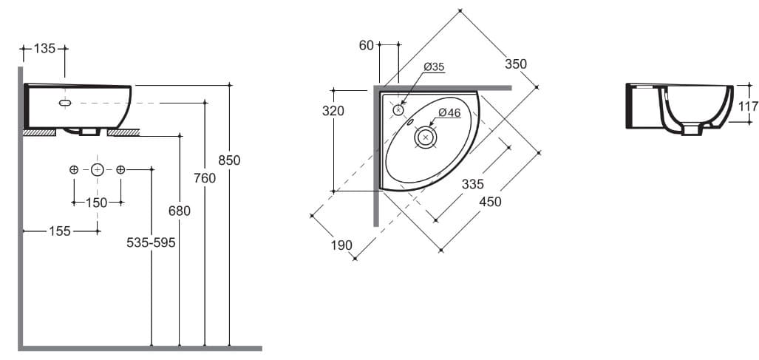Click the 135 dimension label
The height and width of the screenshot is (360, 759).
[x=45, y=49]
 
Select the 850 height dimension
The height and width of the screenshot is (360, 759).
[x=229, y=160]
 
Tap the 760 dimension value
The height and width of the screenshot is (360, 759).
[x=205, y=178]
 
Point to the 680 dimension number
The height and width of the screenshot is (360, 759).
[x=180, y=211]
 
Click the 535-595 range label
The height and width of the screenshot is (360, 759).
[x=151, y=242]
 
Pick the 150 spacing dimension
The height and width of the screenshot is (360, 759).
[x=97, y=203]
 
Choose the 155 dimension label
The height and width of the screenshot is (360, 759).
[x=60, y=231]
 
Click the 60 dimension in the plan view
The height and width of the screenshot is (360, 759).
[x=367, y=46]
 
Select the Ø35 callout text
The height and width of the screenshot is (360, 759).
[x=434, y=67]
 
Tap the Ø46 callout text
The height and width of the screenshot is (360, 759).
[x=449, y=112]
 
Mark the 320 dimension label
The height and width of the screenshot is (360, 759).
[x=334, y=111]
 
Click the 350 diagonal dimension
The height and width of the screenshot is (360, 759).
[x=516, y=64]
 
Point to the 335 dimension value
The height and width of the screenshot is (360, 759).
[x=473, y=185]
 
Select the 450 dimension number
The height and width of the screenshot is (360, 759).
[x=489, y=201]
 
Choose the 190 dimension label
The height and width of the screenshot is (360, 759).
[x=341, y=245]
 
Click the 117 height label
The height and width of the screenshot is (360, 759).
[x=748, y=106]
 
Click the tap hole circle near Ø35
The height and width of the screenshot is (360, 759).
[x=399, y=110]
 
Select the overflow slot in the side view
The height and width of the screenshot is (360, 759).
[x=65, y=103]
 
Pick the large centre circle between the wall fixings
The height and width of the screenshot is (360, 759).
[x=97, y=170]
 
